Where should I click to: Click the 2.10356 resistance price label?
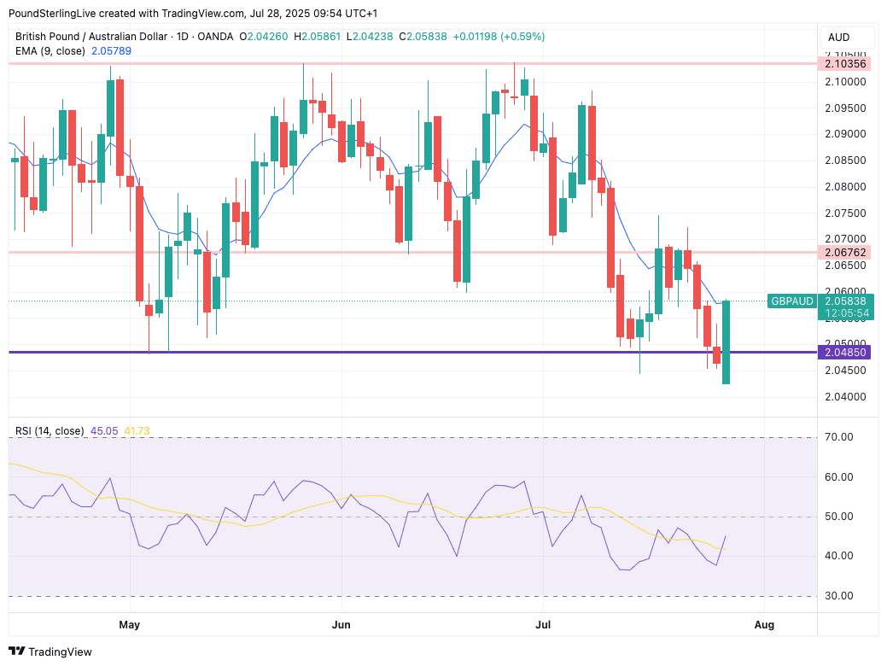[x=844, y=64]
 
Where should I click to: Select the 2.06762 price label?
[x=844, y=253]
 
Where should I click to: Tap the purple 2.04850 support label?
[x=844, y=352]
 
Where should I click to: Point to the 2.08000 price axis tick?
[x=844, y=186]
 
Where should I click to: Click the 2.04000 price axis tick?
[x=844, y=397]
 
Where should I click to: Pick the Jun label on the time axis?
[x=341, y=625]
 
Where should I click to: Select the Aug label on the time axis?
[x=765, y=625]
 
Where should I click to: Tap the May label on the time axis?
[x=129, y=625]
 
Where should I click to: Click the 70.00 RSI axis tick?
[x=840, y=437]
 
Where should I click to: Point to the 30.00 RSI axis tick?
[x=840, y=596]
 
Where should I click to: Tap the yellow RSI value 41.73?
[x=137, y=431]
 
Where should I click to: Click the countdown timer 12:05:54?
[x=845, y=313]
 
